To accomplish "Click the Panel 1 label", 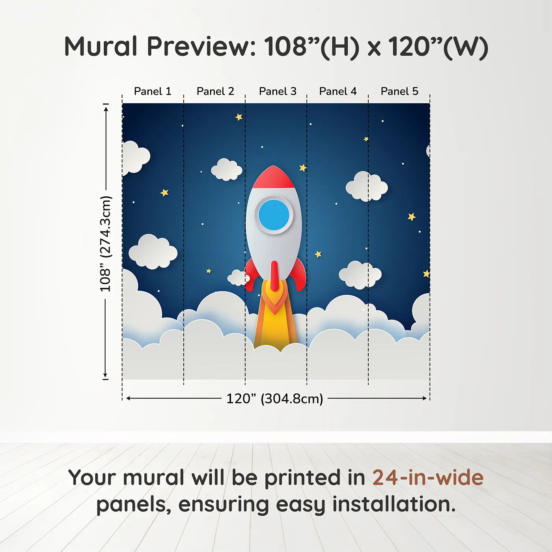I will click(x=153, y=91).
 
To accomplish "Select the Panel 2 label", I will click(x=215, y=91).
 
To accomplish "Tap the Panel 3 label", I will click(x=278, y=91).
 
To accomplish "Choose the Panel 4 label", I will click(x=338, y=91).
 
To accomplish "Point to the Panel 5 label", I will click(x=399, y=91).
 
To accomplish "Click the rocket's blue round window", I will click(x=274, y=215).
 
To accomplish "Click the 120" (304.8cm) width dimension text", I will click(x=274, y=399).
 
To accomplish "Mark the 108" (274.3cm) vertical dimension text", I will click(x=106, y=244).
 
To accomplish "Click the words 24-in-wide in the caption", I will click(x=428, y=477).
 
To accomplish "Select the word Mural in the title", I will click(x=101, y=47).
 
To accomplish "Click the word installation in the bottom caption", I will click(x=394, y=504).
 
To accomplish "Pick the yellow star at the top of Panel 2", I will click(x=239, y=117).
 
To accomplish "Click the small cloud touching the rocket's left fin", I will click(x=238, y=278).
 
